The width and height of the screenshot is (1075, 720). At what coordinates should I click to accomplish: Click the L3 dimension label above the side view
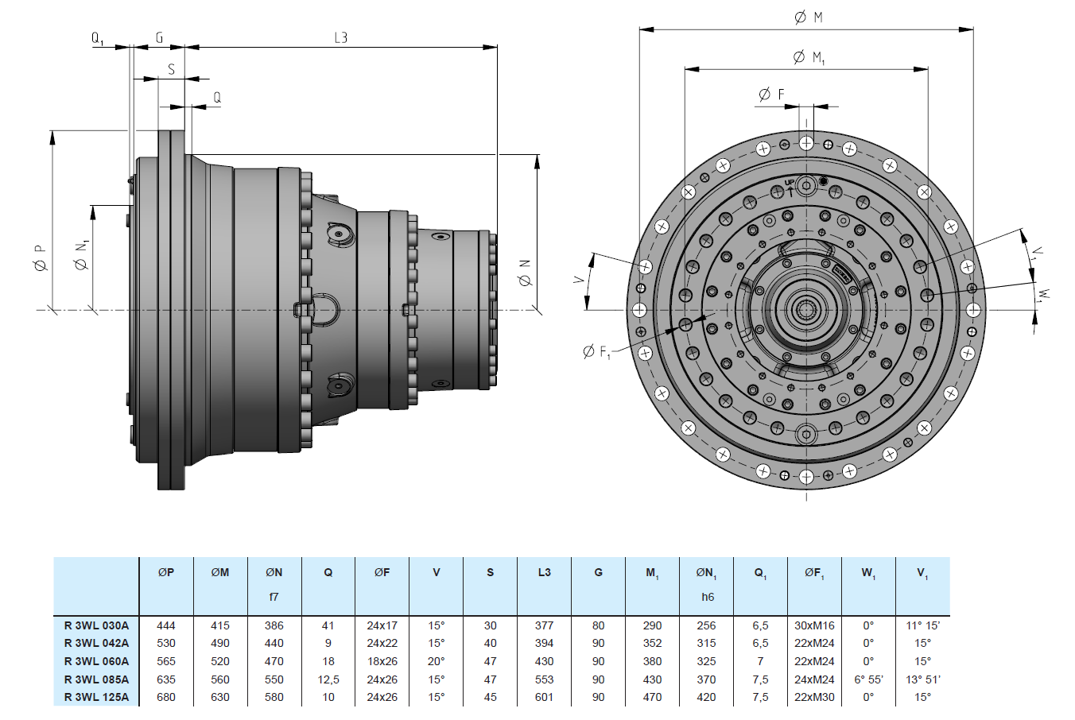pos(340,37)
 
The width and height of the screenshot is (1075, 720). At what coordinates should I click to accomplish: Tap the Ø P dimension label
pos(40,257)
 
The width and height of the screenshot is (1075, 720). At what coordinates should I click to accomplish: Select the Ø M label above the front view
pos(809,17)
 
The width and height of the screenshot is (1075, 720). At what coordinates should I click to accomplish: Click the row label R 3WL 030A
pos(96,625)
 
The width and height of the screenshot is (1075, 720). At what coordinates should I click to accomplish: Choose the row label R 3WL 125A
pos(96,697)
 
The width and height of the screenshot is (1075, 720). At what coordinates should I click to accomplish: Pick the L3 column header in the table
pos(544,572)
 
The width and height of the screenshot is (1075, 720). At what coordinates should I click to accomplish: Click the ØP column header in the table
pos(165,572)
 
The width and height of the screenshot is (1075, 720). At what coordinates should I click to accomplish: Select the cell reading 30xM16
pos(814,625)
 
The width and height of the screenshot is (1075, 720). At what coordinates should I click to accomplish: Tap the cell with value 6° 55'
pos(868,679)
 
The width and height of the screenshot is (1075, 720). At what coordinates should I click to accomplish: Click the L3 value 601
pos(544,697)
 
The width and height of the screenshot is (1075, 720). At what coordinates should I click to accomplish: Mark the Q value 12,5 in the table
pos(328,679)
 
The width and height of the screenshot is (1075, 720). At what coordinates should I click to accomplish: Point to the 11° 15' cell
pos(922,625)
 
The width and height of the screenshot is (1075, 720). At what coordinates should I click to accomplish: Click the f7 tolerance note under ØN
pos(274,597)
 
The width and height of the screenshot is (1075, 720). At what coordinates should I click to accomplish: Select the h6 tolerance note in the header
pos(707,597)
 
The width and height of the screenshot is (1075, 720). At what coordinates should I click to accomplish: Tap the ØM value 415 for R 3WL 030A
pos(219,625)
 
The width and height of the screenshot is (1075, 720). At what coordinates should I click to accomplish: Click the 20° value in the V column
pos(436,661)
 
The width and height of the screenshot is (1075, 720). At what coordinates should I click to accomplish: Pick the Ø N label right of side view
pos(524,272)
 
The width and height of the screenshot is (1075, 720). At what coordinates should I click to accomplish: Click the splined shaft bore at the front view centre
pos(806,310)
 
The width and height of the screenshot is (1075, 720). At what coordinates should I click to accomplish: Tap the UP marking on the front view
pos(789,184)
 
